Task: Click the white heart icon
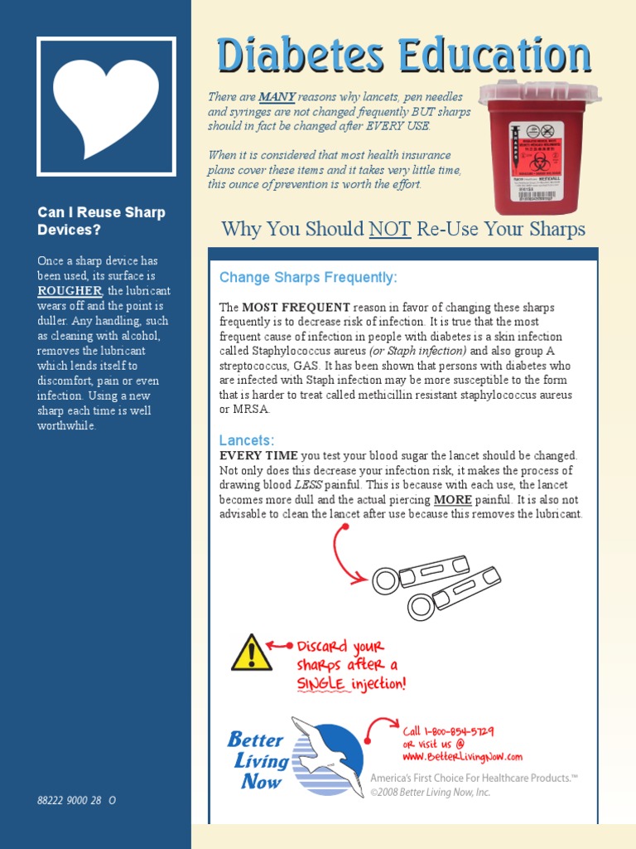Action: click(x=105, y=105)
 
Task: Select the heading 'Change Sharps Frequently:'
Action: click(x=308, y=277)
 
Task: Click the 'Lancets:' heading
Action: click(x=246, y=440)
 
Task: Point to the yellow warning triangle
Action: click(x=251, y=653)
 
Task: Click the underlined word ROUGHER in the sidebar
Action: click(x=70, y=291)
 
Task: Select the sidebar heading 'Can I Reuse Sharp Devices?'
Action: click(x=101, y=221)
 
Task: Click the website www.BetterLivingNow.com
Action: click(x=463, y=756)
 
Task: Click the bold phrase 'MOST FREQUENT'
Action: click(x=296, y=308)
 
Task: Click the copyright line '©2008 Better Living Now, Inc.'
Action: click(x=430, y=793)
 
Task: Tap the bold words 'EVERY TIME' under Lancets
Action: click(x=258, y=456)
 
